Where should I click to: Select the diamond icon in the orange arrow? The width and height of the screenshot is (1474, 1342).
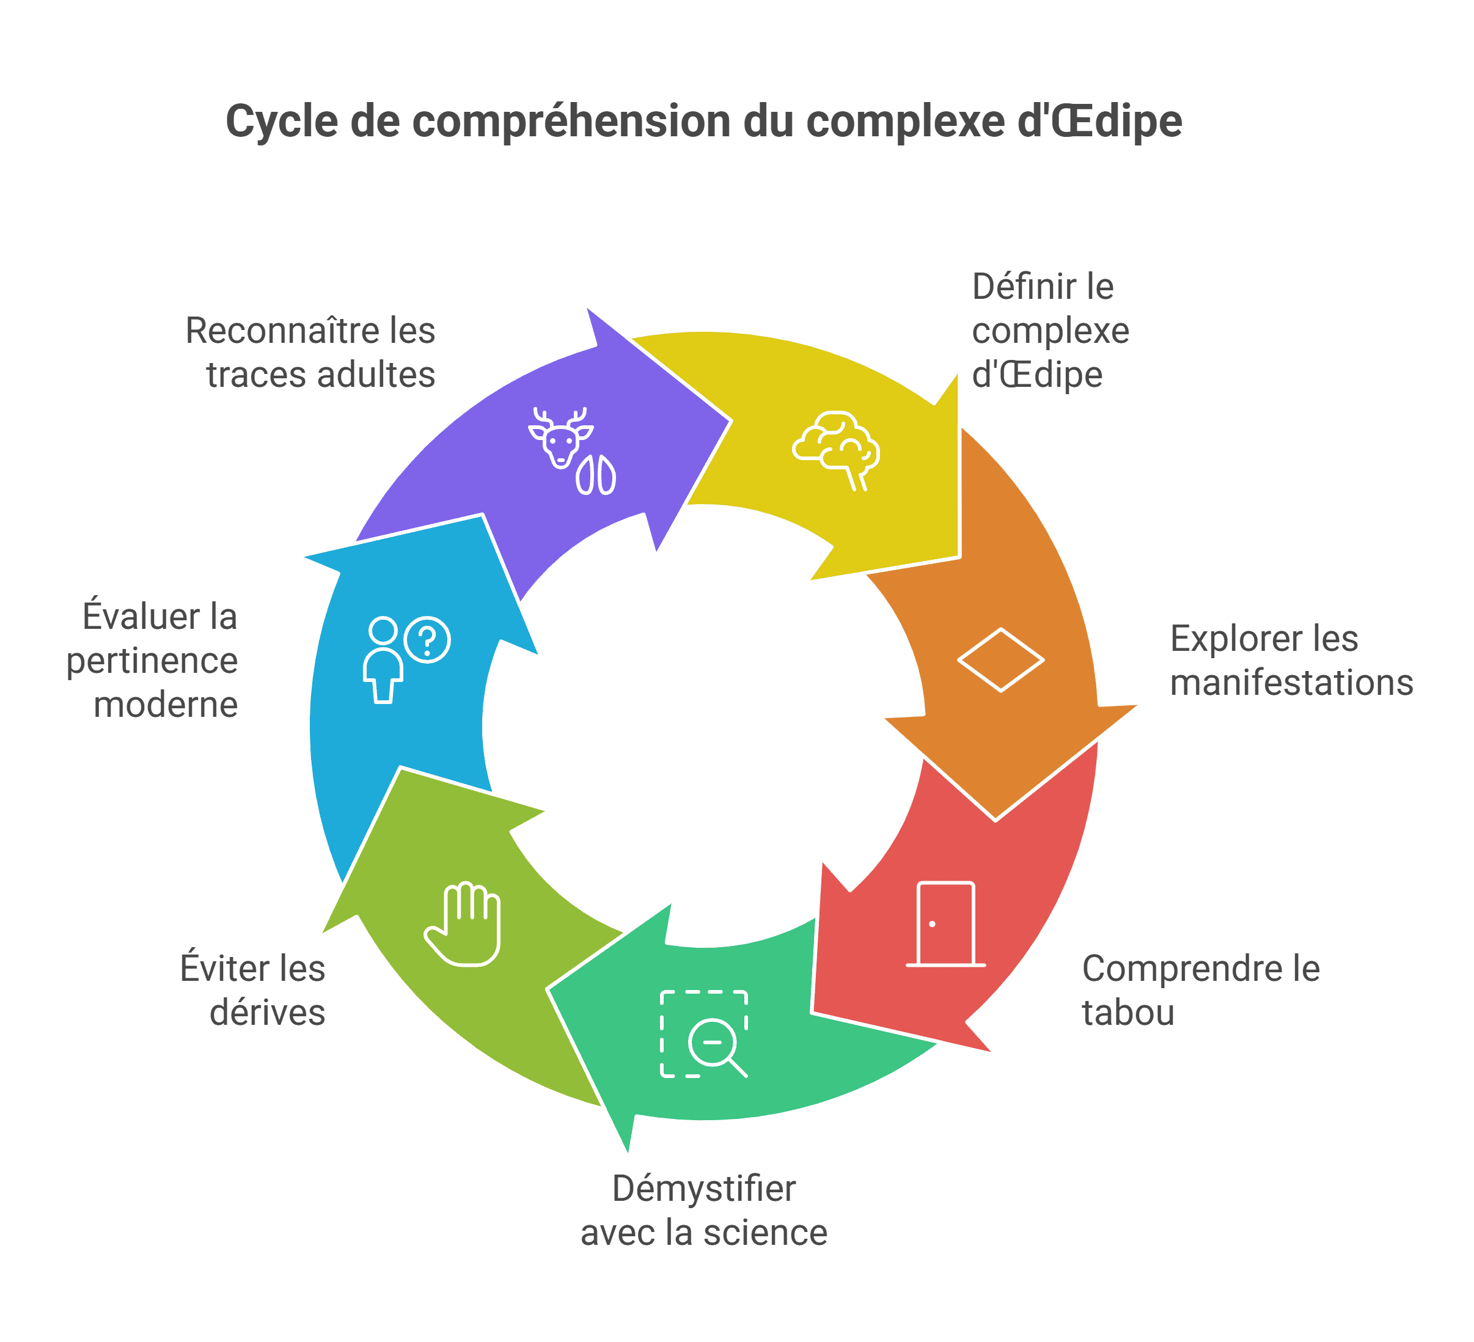pyautogui.click(x=1000, y=659)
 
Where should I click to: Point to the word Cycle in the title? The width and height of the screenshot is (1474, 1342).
pyautogui.click(x=282, y=122)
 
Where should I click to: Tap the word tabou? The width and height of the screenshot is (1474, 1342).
pyautogui.click(x=1128, y=1013)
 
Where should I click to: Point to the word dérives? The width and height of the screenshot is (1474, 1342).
pyautogui.click(x=267, y=1013)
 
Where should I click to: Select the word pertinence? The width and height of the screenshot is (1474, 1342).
pyautogui.click(x=152, y=662)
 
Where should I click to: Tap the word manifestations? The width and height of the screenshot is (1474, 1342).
pyautogui.click(x=1291, y=683)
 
